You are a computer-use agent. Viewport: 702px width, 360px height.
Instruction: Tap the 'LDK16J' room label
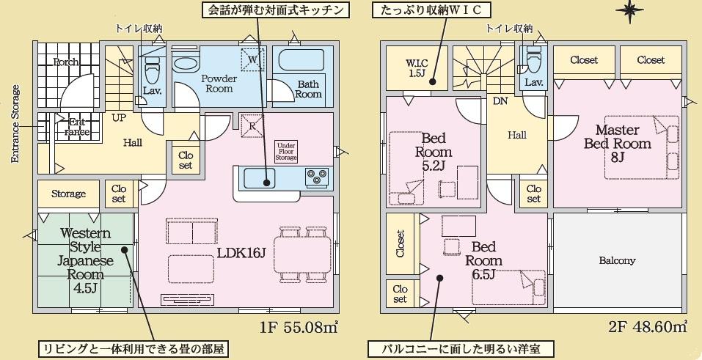(x=242, y=254)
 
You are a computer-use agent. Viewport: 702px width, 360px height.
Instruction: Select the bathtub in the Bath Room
(x=301, y=60)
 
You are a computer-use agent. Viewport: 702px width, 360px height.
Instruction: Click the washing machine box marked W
(x=252, y=59)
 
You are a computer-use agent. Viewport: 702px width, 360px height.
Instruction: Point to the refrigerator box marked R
(x=252, y=126)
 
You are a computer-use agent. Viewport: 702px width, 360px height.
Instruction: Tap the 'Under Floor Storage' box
(x=286, y=152)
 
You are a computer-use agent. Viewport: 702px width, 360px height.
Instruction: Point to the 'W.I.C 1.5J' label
(x=417, y=68)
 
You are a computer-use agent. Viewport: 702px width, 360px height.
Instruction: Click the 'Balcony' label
(x=617, y=260)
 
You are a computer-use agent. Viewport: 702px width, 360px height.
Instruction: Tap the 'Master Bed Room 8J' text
(x=618, y=143)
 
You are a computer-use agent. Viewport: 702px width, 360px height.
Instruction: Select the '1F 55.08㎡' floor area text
(x=298, y=328)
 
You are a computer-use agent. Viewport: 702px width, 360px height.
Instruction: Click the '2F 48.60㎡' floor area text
(x=648, y=327)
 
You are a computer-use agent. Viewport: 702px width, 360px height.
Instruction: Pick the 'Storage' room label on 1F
(x=68, y=194)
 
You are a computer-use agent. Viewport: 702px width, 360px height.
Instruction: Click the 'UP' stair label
(x=119, y=118)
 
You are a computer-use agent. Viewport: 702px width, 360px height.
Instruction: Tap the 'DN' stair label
(x=500, y=101)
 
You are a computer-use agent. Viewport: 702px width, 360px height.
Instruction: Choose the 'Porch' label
(x=66, y=62)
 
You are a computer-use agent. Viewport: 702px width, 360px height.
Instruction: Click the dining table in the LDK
(x=303, y=254)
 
